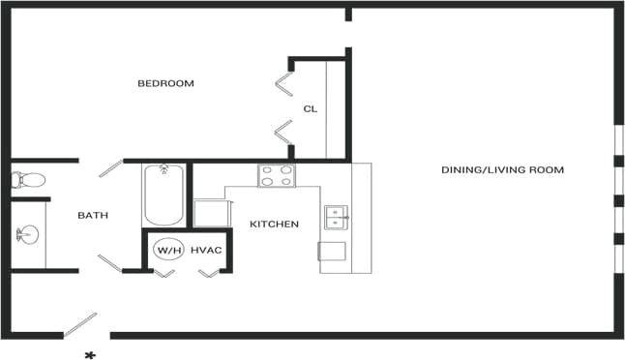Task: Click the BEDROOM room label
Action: point(165,83)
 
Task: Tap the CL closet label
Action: point(310,108)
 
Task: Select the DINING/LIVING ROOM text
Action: point(502,170)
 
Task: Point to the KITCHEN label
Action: point(274,225)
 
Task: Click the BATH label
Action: point(93,216)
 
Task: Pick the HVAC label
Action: point(206,251)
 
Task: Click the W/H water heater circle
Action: point(168,251)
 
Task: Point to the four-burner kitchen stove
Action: point(277,176)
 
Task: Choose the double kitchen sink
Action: point(336,216)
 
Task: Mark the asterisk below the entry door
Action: point(90,354)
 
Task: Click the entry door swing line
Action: point(80,324)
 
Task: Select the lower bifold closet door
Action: point(283,133)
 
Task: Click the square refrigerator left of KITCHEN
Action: point(210,212)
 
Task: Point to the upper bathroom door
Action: point(109,168)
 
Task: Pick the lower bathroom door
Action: point(109,262)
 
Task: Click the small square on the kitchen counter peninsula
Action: point(333,251)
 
